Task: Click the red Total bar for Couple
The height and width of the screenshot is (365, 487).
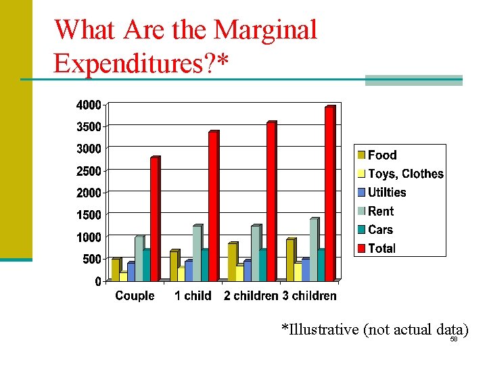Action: (154, 219)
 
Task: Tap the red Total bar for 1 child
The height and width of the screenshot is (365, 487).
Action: (212, 206)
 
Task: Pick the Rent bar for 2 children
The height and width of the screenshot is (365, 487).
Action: (255, 253)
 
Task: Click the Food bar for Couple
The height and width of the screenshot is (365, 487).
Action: (115, 270)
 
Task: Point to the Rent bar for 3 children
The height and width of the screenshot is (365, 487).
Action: (313, 249)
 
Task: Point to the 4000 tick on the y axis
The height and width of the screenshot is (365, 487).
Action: (88, 105)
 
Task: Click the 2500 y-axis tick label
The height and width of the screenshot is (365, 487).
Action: (88, 171)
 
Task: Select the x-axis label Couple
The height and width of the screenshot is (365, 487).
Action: (135, 296)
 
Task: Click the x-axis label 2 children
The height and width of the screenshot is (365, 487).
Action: (251, 296)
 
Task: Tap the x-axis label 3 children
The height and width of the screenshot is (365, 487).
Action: (309, 296)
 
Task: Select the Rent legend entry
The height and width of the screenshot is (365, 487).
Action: (381, 212)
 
